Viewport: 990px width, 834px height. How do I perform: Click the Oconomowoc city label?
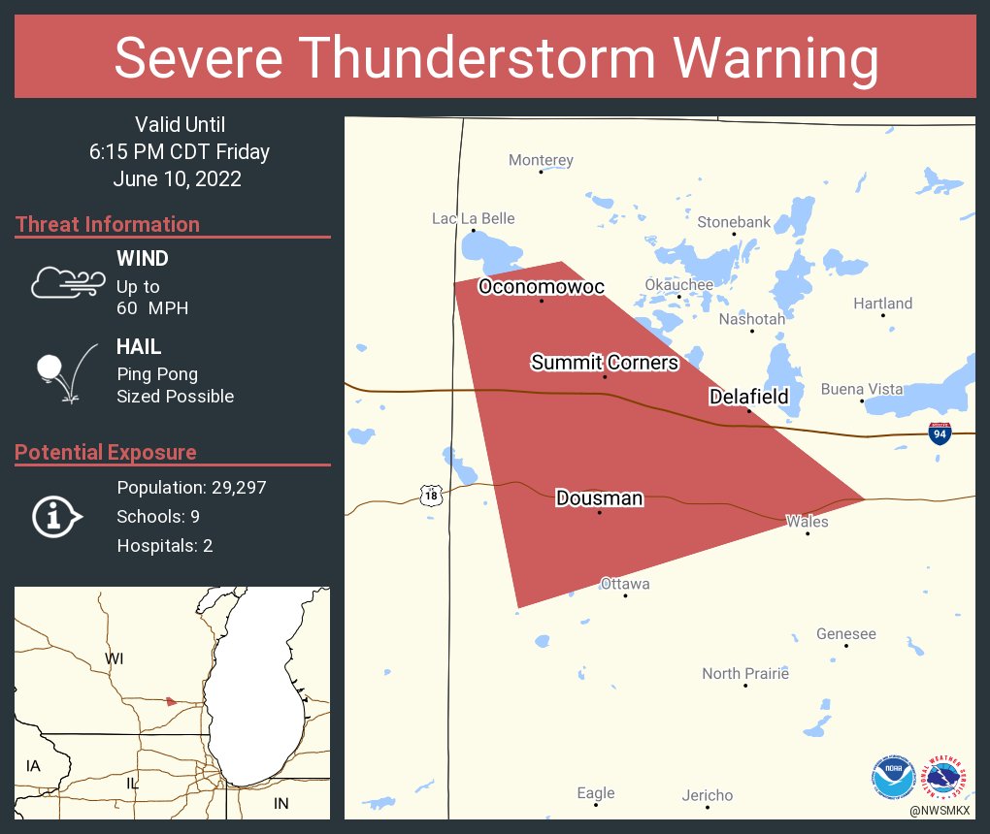coord(541,287)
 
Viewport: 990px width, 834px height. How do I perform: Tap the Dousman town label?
coord(599,498)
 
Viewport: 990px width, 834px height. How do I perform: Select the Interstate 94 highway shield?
coord(939,433)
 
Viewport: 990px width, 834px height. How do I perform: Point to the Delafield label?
coord(748,397)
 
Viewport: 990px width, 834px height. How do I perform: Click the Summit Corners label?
coord(604,363)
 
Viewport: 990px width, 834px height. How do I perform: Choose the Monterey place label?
coord(541,160)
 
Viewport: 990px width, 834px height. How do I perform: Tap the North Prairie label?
coord(744,673)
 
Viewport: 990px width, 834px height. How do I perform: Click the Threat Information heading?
coord(108,224)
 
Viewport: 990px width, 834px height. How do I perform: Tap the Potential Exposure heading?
coord(106,452)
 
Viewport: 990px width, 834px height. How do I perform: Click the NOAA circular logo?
coord(893,776)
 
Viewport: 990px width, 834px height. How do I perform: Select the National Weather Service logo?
coord(947,776)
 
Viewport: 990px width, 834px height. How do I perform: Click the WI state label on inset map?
coord(115,659)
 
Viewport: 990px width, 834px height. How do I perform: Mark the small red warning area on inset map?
coord(171,700)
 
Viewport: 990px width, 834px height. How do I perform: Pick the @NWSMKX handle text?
coord(940,809)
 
